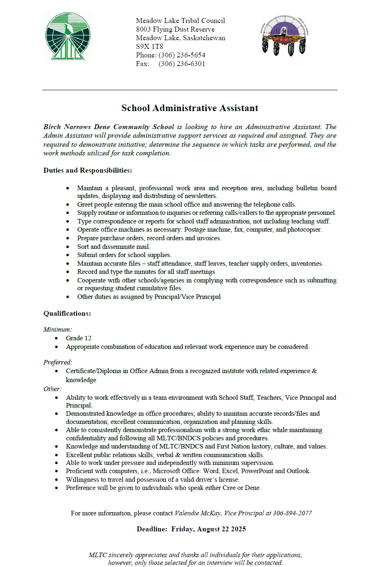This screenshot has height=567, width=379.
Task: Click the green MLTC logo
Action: click(68, 36)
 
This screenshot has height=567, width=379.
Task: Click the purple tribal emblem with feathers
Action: click(284, 35)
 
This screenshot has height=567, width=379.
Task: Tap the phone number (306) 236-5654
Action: click(182, 55)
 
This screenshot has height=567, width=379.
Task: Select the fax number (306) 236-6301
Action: click(182, 64)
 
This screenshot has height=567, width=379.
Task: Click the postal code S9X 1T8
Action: click(150, 46)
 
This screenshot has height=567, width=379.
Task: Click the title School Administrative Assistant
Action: click(190, 108)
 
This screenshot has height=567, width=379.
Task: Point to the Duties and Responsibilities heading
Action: click(88, 170)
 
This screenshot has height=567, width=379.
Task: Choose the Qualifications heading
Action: click(67, 313)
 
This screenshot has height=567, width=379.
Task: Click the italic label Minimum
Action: click(58, 329)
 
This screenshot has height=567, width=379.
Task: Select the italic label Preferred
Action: click(58, 362)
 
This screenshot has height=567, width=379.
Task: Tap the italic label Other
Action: click(52, 389)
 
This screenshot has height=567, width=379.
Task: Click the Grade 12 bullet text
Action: click(79, 338)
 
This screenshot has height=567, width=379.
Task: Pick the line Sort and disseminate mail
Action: click(113, 246)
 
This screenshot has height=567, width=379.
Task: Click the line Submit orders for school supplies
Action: click(124, 255)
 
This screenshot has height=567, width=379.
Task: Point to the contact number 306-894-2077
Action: click(293, 513)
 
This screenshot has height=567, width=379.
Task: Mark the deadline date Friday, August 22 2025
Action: click(209, 529)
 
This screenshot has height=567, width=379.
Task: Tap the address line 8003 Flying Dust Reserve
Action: click(175, 29)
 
